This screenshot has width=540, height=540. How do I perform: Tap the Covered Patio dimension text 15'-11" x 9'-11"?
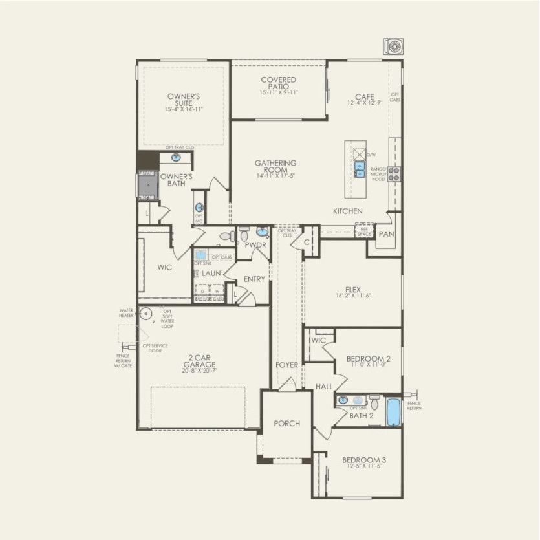(x=279, y=92)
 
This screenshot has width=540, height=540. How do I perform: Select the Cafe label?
(x=364, y=97)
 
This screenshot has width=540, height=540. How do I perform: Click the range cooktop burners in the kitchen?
(x=394, y=173)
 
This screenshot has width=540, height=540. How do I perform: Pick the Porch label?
(x=286, y=424)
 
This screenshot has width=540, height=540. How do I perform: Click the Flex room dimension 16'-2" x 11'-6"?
(x=352, y=296)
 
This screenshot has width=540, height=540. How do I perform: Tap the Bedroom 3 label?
(x=364, y=460)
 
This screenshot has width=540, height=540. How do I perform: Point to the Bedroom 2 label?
(x=368, y=359)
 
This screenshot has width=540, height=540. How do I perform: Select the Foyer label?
(x=286, y=365)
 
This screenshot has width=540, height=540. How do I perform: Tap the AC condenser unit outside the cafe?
(x=393, y=47)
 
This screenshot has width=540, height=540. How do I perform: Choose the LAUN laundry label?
(x=211, y=274)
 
